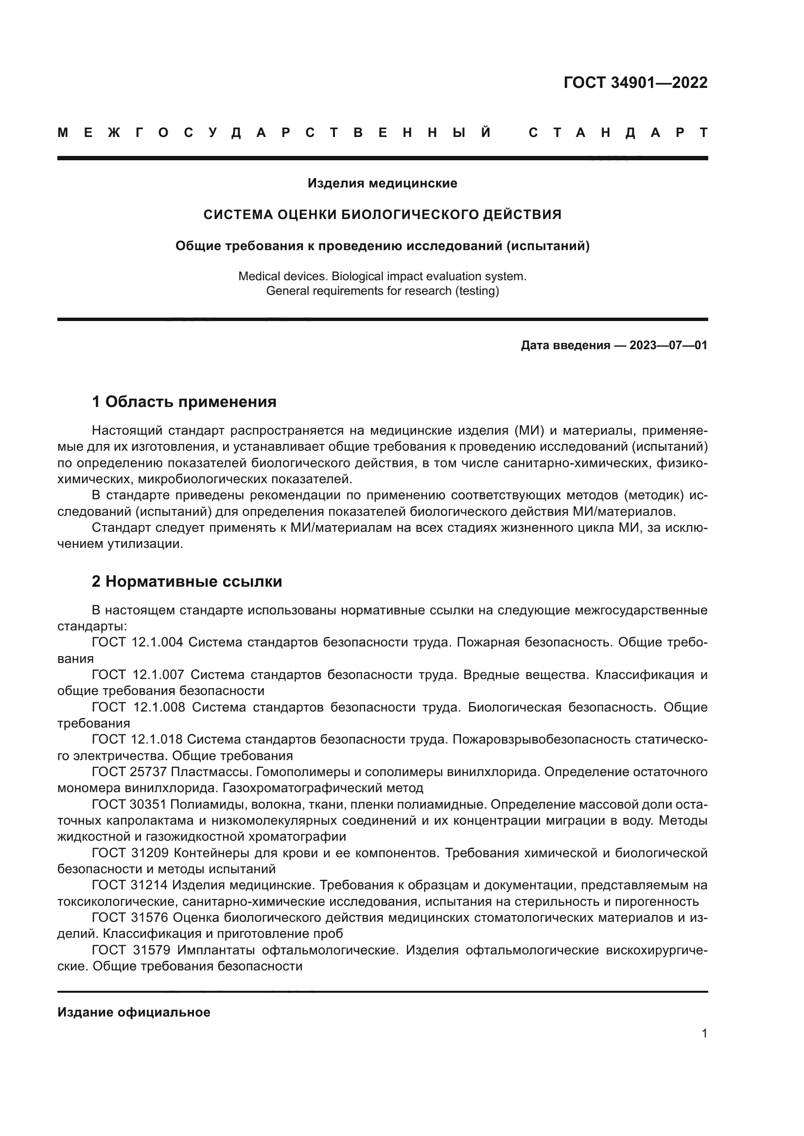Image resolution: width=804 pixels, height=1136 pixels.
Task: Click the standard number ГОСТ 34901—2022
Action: (x=635, y=83)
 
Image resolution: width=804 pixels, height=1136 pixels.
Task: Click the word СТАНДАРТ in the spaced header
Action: (x=618, y=133)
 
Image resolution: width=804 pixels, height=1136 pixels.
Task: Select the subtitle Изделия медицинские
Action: (x=382, y=184)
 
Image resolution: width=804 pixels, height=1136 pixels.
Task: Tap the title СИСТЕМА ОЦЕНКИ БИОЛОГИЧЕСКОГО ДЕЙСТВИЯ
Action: (x=382, y=215)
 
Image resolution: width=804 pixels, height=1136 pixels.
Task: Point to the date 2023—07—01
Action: (x=668, y=345)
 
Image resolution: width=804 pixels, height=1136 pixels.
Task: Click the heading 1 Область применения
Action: (x=184, y=402)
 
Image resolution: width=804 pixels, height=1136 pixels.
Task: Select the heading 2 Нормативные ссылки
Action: (x=187, y=581)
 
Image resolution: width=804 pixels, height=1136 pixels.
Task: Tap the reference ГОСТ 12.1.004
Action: (x=138, y=643)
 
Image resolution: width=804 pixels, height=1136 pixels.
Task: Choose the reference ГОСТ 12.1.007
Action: (x=138, y=675)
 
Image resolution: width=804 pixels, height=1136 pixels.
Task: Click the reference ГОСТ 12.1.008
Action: (x=139, y=708)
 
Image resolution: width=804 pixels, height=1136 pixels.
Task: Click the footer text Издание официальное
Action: (x=134, y=1012)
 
